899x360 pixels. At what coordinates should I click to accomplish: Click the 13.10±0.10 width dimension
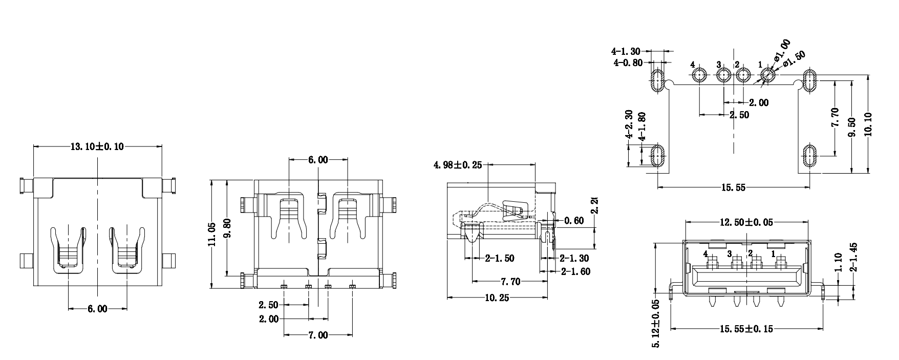click(97, 147)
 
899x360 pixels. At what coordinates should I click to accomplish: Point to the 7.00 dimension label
click(317, 335)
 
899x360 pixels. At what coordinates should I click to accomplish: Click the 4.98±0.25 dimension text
click(458, 165)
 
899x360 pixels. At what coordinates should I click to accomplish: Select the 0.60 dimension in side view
click(573, 221)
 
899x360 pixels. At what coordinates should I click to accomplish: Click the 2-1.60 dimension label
click(575, 271)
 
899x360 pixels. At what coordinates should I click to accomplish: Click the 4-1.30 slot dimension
click(626, 51)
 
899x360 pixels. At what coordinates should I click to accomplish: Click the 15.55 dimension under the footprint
click(733, 188)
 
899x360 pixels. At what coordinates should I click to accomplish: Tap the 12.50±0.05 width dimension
click(746, 222)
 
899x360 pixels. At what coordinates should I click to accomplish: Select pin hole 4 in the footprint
click(699, 76)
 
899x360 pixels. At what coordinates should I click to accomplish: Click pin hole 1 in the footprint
click(767, 76)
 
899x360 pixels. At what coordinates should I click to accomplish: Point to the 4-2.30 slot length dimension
click(628, 126)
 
